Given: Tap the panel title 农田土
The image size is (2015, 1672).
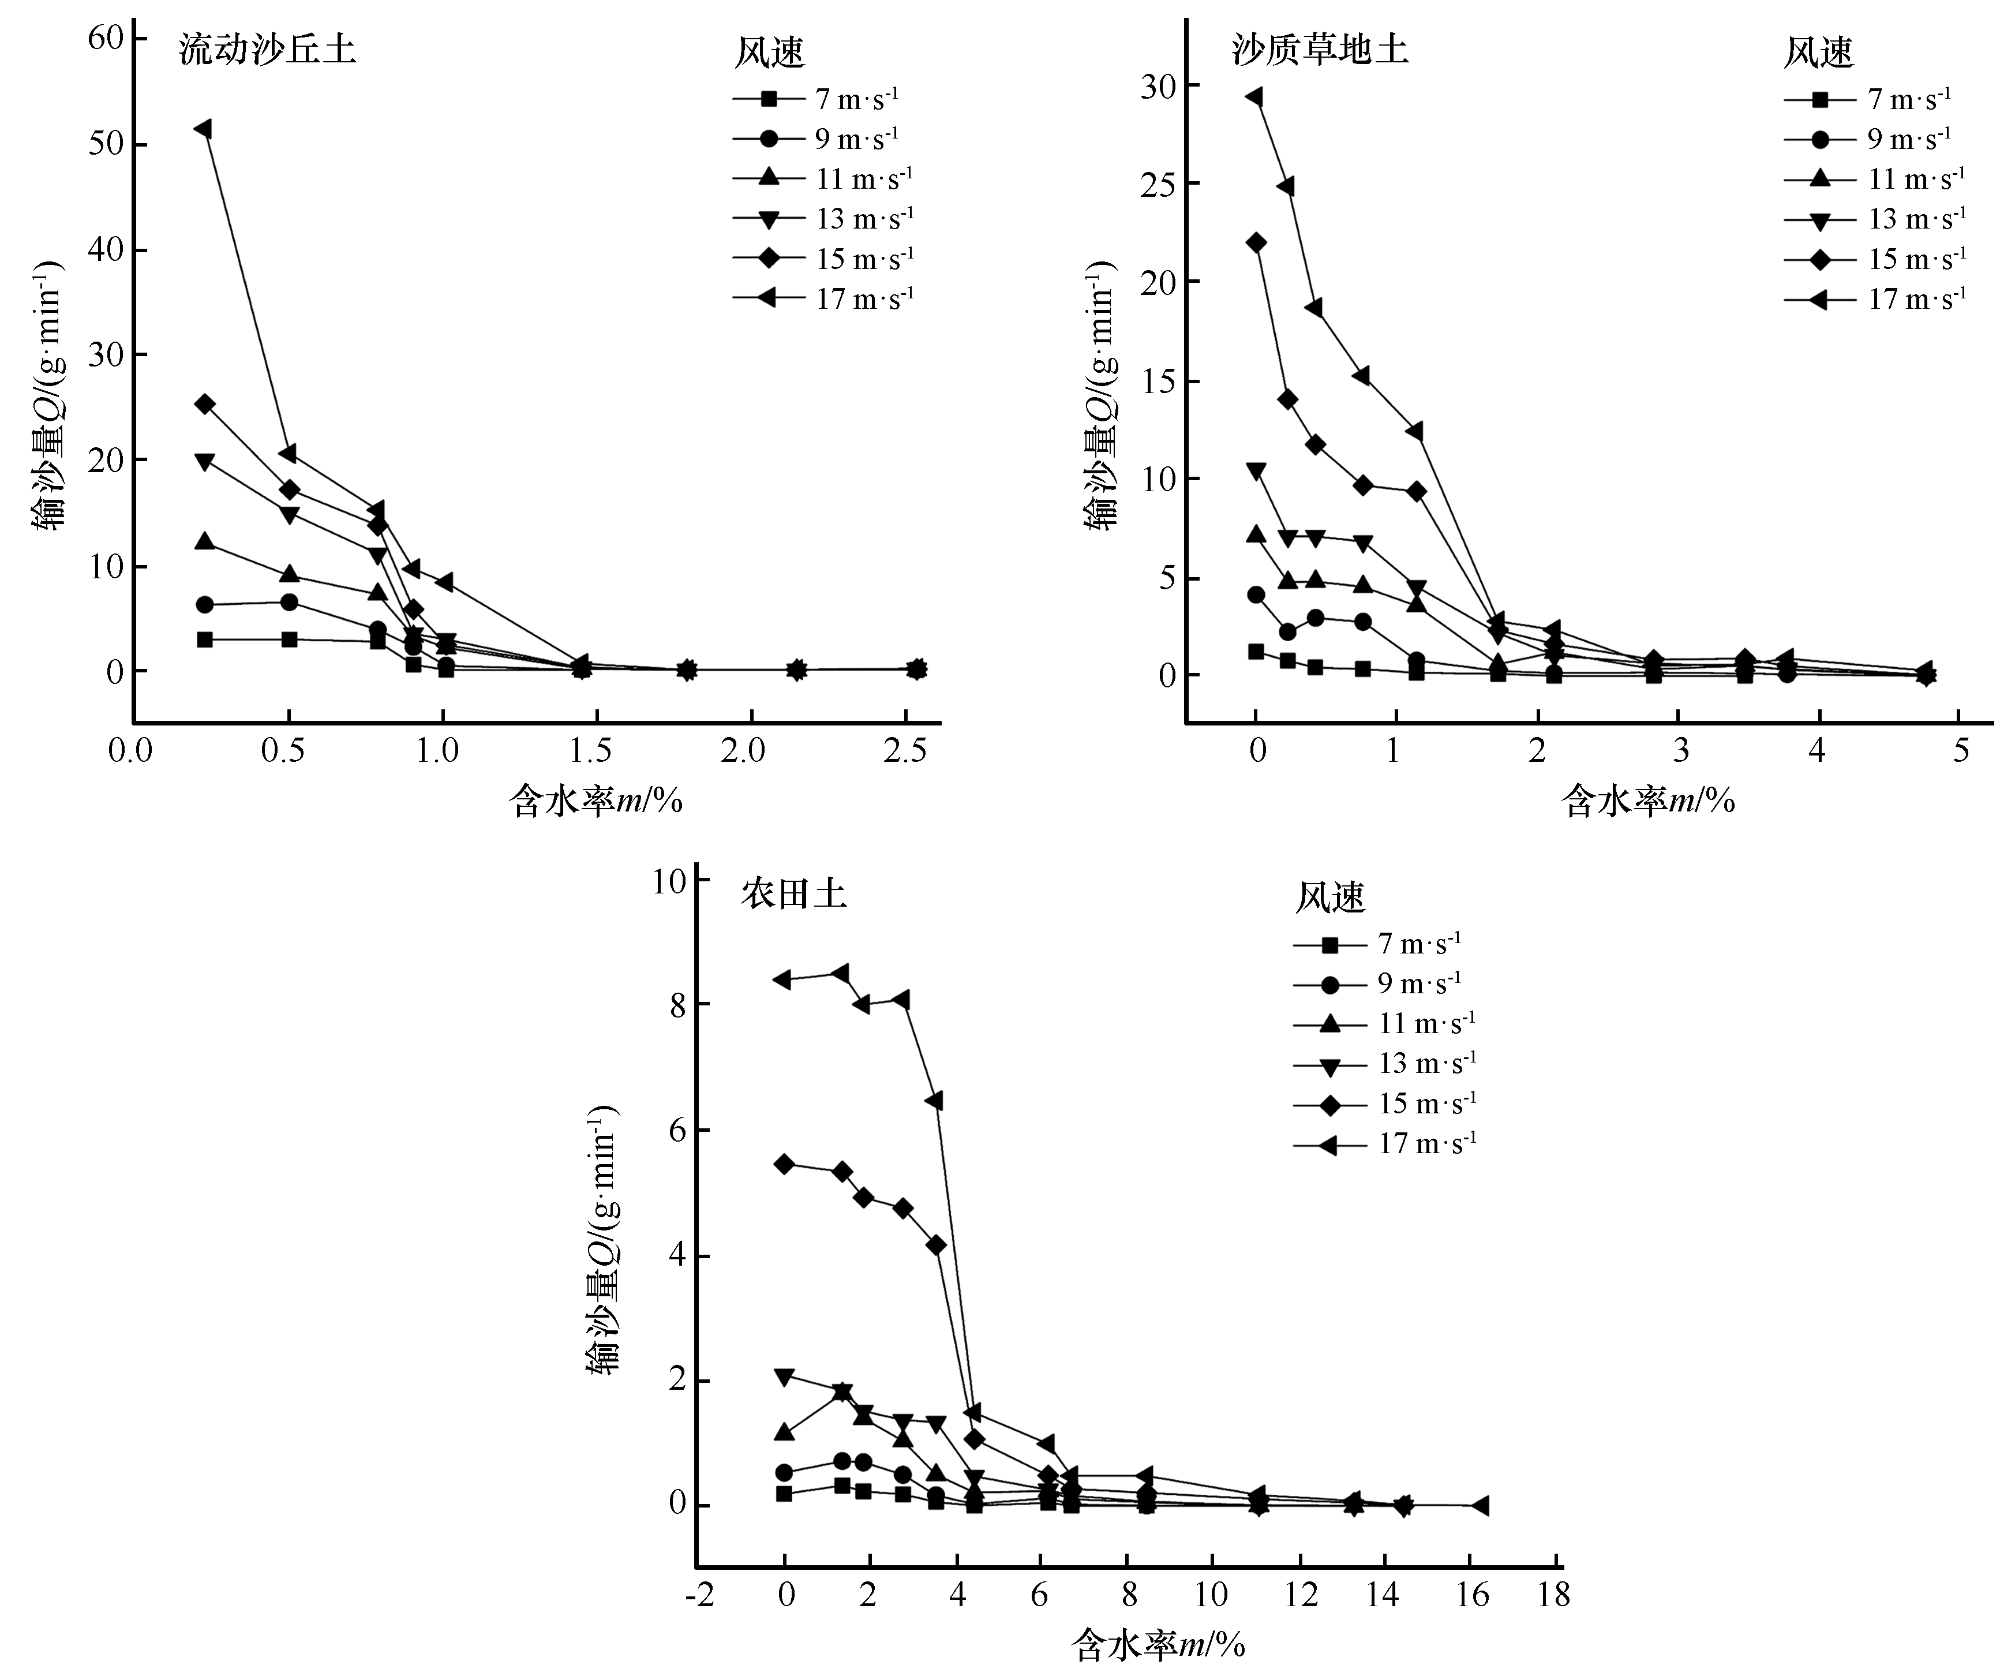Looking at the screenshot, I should [793, 895].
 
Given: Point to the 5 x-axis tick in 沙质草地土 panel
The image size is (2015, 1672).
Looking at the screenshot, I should [1960, 750].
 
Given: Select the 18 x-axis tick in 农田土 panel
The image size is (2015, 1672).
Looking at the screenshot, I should [1553, 1595].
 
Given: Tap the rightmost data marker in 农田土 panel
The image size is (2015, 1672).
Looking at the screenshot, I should [1481, 1506].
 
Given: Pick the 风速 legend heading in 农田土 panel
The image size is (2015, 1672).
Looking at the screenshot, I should [1330, 897].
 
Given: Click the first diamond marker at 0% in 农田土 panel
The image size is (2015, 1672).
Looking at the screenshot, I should [785, 1164].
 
